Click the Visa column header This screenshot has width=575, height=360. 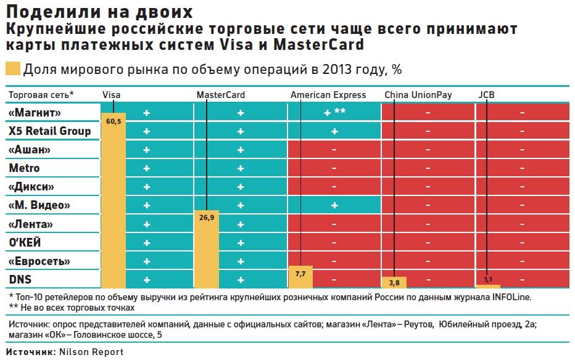pyautogui.click(x=112, y=95)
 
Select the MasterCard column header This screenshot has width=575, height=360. pyautogui.click(x=220, y=95)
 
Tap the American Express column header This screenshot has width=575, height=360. pyautogui.click(x=328, y=95)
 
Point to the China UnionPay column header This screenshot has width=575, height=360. pyautogui.click(x=418, y=95)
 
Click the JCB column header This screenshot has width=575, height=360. pyautogui.click(x=486, y=95)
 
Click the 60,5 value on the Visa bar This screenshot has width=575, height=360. pyautogui.click(x=113, y=121)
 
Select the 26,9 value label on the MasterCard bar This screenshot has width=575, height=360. pyautogui.click(x=206, y=218)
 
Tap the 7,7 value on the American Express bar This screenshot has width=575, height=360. pyautogui.click(x=300, y=274)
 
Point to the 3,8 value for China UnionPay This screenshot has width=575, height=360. pyautogui.click(x=394, y=283)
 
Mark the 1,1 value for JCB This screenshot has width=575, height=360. pyautogui.click(x=488, y=279)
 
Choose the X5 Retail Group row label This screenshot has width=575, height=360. pyautogui.click(x=49, y=131)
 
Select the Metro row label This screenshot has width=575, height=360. pyautogui.click(x=24, y=168)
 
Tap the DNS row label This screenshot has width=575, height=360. pyautogui.click(x=20, y=279)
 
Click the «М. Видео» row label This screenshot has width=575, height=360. pyautogui.click(x=39, y=205)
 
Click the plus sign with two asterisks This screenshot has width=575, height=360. pyautogui.click(x=334, y=113)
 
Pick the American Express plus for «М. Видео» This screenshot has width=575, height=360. pyautogui.click(x=334, y=205)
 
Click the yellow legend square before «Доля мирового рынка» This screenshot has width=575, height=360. pyautogui.click(x=12, y=69)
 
